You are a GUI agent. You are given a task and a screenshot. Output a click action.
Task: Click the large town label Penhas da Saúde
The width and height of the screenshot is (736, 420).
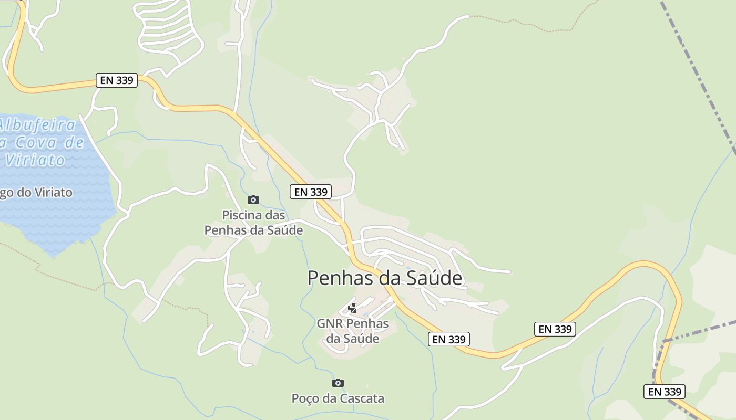(x=385, y=278)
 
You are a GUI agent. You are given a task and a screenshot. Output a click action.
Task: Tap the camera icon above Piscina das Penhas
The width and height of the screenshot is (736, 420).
(x=253, y=199)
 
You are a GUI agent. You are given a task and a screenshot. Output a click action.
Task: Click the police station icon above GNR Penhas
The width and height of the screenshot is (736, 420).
(x=353, y=308)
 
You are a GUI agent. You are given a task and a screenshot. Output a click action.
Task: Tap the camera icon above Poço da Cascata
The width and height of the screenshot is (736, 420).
(x=338, y=383)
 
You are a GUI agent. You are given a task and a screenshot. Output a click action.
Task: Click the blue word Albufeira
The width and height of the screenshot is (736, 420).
(x=37, y=125)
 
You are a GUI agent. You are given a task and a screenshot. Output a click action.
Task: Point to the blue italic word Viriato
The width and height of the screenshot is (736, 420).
(x=35, y=160)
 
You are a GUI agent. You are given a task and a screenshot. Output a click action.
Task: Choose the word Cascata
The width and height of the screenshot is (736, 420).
(x=362, y=398)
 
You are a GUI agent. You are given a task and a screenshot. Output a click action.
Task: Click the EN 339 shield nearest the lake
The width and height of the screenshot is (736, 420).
(x=117, y=80)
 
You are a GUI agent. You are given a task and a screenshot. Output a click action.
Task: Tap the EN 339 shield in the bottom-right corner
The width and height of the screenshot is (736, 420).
(x=665, y=392)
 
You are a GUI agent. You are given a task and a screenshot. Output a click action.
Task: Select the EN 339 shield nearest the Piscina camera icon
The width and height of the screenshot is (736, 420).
(x=311, y=192)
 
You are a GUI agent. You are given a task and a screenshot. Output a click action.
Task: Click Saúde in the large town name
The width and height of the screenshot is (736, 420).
(x=430, y=278)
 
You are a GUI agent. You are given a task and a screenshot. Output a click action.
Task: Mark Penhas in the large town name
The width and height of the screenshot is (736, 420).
(x=340, y=278)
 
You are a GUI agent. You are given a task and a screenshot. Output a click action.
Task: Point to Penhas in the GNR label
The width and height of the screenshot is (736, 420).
(x=368, y=323)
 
